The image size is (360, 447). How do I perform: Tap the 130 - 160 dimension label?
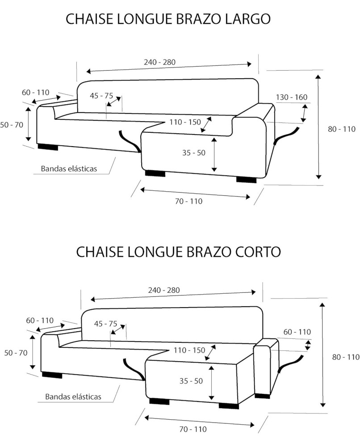coord(291,97)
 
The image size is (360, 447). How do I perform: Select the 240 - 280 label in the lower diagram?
coord(164,290)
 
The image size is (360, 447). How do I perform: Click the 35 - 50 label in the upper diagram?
coord(194,153)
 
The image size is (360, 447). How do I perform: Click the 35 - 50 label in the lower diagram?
coord(191,381)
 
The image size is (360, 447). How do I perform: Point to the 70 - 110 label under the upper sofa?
coord(188,201)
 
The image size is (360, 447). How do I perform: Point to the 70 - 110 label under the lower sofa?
coord(193,429)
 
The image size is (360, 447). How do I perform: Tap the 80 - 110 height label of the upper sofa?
coord(342,129)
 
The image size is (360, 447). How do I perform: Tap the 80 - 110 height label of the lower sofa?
coord(346,357)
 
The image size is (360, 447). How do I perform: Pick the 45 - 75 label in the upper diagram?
coord(101,96)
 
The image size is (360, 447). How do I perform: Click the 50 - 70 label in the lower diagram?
coord(16,353)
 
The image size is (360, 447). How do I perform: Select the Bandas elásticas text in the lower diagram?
coord(73,396)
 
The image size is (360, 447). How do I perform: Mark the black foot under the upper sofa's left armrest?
coord(48,147)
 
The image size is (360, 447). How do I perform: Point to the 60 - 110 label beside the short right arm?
coord(297,332)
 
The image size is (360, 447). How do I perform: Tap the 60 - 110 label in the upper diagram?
coord(35,93)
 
